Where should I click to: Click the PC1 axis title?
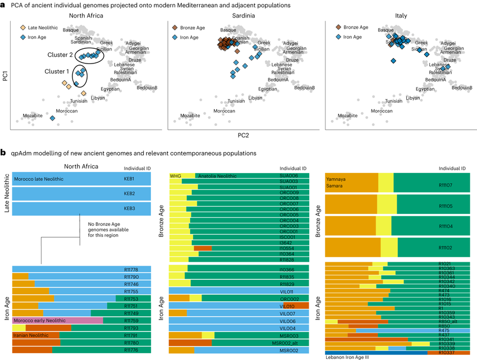tap(6, 75)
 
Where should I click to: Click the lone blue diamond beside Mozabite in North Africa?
tap(52, 119)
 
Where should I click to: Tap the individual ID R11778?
tap(132, 270)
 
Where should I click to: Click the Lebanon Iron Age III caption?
tap(351, 356)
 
